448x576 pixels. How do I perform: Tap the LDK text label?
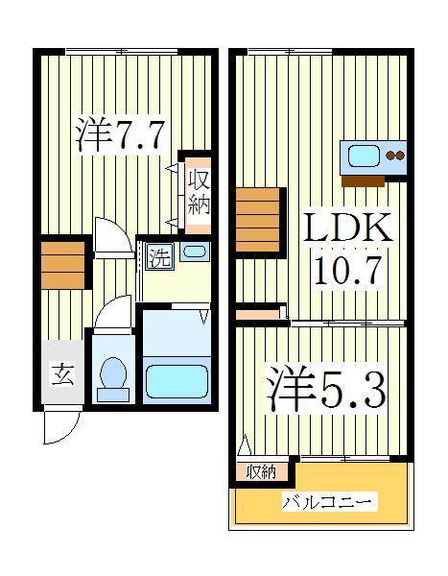[x=347, y=230]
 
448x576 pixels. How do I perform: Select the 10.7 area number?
[x=348, y=270]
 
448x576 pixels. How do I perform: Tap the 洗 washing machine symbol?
[x=160, y=256]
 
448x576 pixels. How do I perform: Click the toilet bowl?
[x=114, y=377]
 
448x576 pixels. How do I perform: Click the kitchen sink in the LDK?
[x=365, y=156]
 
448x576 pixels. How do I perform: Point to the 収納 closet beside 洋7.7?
[x=198, y=192]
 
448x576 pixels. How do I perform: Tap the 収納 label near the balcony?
[x=261, y=471]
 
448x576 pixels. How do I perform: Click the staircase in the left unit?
[x=62, y=264]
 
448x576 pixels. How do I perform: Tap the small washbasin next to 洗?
[x=194, y=253]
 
